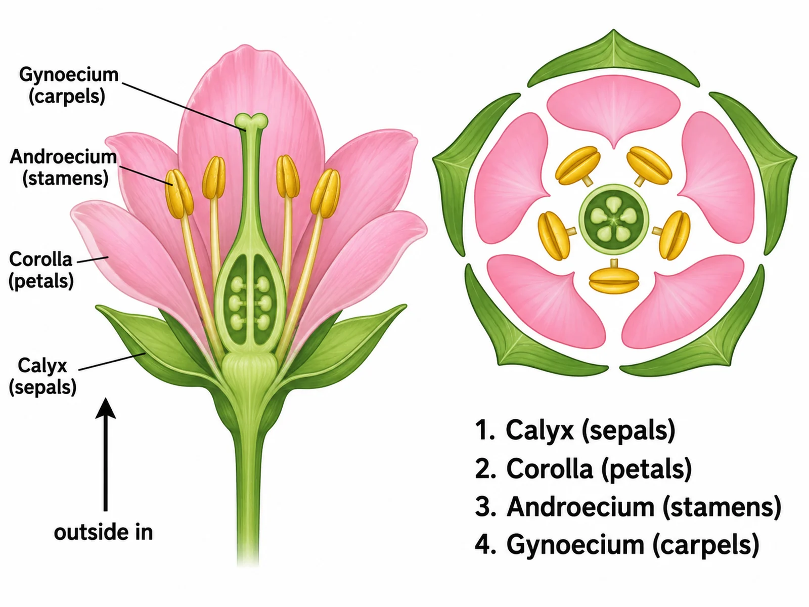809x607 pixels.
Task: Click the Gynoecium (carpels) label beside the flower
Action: pyautogui.click(x=69, y=85)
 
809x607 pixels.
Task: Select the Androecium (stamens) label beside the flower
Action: pyautogui.click(x=63, y=168)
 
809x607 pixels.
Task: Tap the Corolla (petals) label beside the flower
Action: pyautogui.click(x=41, y=270)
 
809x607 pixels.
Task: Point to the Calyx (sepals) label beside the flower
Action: pyautogui.click(x=42, y=376)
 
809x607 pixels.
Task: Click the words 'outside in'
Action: pyautogui.click(x=103, y=533)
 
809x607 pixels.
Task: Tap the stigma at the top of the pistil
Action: pyautogui.click(x=251, y=121)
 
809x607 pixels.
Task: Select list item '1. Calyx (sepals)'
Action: pyautogui.click(x=575, y=430)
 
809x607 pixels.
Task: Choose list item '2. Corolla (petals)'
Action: pyautogui.click(x=583, y=469)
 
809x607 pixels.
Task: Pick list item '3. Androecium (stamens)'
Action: pyautogui.click(x=628, y=507)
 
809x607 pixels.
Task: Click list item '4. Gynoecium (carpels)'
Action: pyautogui.click(x=617, y=545)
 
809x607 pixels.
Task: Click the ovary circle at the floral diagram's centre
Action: pyautogui.click(x=613, y=220)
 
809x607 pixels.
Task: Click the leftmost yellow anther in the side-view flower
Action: pyautogui.click(x=179, y=194)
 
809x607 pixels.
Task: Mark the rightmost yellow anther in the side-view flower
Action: pyautogui.click(x=326, y=194)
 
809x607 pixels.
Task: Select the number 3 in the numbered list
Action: pyautogui.click(x=482, y=507)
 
